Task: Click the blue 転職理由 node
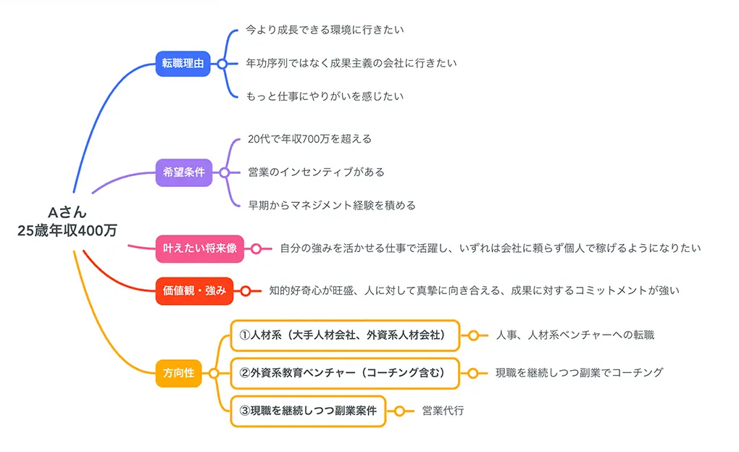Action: pos(182,64)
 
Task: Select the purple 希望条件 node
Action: pos(183,172)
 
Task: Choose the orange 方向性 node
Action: pos(178,373)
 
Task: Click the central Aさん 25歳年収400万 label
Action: pos(67,221)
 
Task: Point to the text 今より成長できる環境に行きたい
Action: pos(325,30)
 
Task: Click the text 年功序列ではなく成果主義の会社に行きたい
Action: pos(351,63)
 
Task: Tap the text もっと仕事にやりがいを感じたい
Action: pos(325,96)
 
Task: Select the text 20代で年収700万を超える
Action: pos(309,138)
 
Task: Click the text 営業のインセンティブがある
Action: pos(316,172)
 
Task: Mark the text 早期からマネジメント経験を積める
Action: pos(332,205)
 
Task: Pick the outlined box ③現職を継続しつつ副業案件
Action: pos(308,411)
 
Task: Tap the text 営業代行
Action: pos(443,411)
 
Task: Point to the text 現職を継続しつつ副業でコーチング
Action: pos(579,373)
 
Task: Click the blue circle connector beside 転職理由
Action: pos(222,64)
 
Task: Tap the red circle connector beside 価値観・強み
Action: pos(246,290)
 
